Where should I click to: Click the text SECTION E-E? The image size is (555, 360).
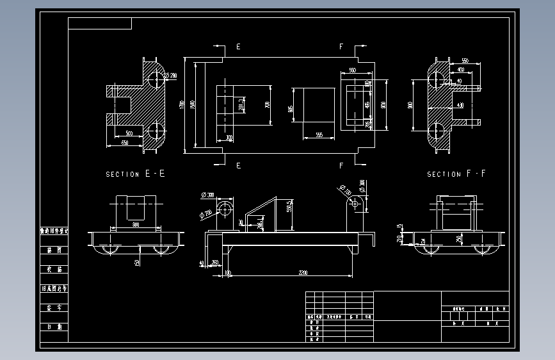pos(135,174)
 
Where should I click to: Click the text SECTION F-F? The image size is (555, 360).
pos(456,174)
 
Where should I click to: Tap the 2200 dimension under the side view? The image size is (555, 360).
pos(303,273)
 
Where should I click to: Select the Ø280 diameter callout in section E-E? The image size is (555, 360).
pos(171,76)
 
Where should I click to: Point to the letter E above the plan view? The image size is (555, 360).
pos(239,47)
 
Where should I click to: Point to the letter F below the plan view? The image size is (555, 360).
pos(341,165)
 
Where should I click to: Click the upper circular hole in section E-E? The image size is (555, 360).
pos(154,78)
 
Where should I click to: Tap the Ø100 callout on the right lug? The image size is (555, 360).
pos(347,191)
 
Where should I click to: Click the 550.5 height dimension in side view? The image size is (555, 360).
pos(289,206)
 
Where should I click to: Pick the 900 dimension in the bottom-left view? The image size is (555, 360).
pos(135,225)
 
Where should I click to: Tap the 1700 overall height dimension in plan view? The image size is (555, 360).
pos(183,104)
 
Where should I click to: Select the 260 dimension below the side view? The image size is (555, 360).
pos(214,263)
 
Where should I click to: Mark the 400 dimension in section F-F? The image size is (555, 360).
pos(460,69)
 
